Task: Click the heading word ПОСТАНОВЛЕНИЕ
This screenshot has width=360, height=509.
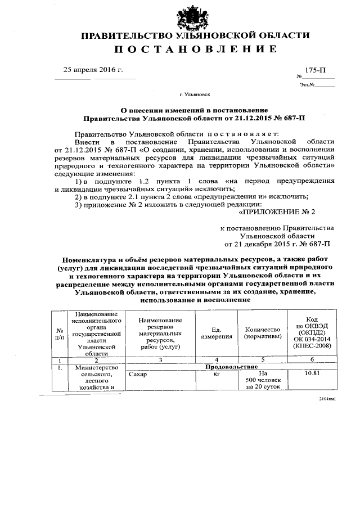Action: (196, 49)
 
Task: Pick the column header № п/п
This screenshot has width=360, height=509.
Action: (60, 333)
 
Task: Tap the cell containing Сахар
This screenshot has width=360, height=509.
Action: (137, 373)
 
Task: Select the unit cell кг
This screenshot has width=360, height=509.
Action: (217, 373)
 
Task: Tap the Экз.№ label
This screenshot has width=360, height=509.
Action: (307, 85)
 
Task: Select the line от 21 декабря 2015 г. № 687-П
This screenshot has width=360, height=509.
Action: (277, 244)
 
